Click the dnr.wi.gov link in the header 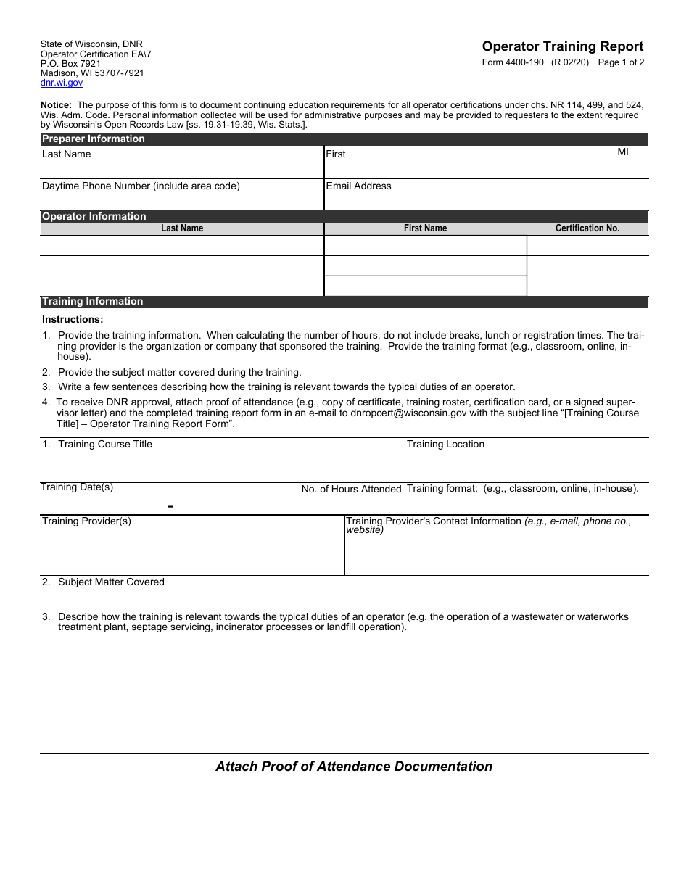pyautogui.click(x=62, y=83)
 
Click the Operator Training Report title pyautogui.click(x=562, y=46)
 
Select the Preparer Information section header pyautogui.click(x=93, y=139)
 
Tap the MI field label pyautogui.click(x=623, y=152)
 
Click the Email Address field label pyautogui.click(x=358, y=186)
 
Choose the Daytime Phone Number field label pyautogui.click(x=141, y=186)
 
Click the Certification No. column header pyautogui.click(x=587, y=228)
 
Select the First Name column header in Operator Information pyautogui.click(x=425, y=228)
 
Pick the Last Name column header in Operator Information pyautogui.click(x=182, y=228)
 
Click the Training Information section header pyautogui.click(x=92, y=302)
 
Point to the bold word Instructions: pyautogui.click(x=73, y=320)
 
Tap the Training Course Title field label pyautogui.click(x=104, y=445)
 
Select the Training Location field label pyautogui.click(x=445, y=445)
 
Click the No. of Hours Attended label pyautogui.click(x=351, y=490)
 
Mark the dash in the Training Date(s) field pyautogui.click(x=170, y=506)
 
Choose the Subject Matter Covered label pyautogui.click(x=111, y=582)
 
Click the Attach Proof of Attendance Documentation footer pyautogui.click(x=354, y=767)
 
